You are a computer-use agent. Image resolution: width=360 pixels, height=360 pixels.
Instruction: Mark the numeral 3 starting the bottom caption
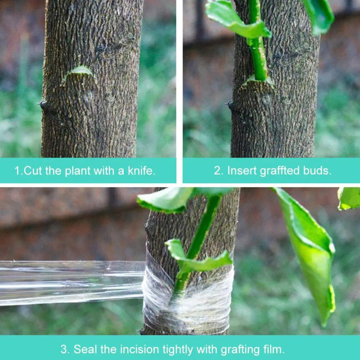pos(64,349)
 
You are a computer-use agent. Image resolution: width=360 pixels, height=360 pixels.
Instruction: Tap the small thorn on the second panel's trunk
pos(230,105)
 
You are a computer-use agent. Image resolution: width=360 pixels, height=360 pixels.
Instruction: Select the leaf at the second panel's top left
pos(234,20)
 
